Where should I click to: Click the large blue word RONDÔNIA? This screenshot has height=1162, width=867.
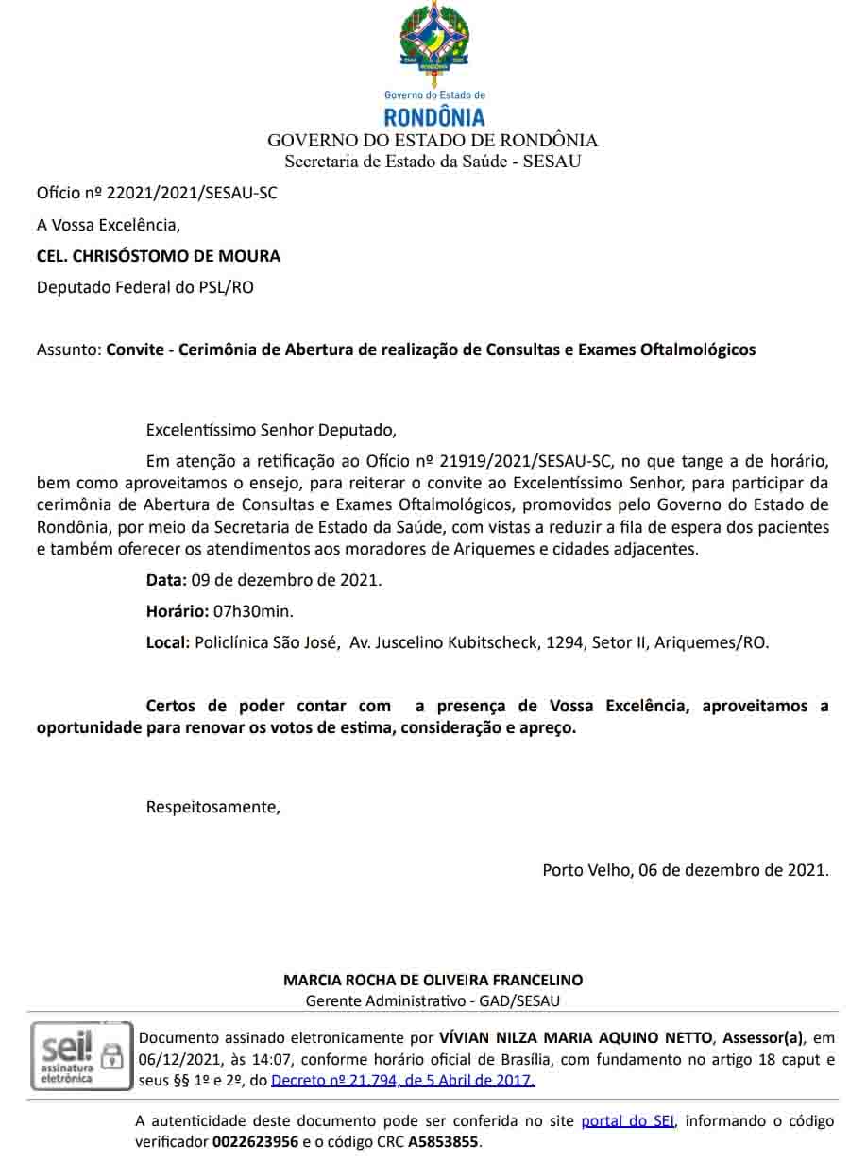click(433, 117)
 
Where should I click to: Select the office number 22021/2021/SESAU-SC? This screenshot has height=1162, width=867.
click(192, 194)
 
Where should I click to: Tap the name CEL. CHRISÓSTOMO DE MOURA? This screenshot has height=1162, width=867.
click(159, 256)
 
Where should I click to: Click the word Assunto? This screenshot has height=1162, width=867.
click(68, 350)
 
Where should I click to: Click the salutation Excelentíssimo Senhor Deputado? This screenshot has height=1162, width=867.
click(271, 430)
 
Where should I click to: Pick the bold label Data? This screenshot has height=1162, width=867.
click(165, 580)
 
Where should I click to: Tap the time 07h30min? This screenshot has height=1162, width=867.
click(246, 611)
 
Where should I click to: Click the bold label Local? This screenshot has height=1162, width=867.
click(167, 642)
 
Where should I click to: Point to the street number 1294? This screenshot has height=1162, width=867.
click(563, 642)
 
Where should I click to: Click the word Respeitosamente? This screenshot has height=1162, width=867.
click(212, 807)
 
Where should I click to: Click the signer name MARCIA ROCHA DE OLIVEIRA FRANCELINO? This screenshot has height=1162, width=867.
click(433, 980)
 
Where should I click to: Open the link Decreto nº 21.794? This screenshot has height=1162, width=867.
click(402, 1080)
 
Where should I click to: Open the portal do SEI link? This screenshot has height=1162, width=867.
click(628, 1121)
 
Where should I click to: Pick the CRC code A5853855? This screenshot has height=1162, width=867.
click(443, 1142)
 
